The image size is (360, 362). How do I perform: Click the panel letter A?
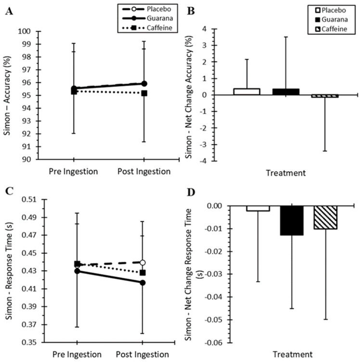pos(9,12)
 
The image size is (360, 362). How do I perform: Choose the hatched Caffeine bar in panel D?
pos(325,217)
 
